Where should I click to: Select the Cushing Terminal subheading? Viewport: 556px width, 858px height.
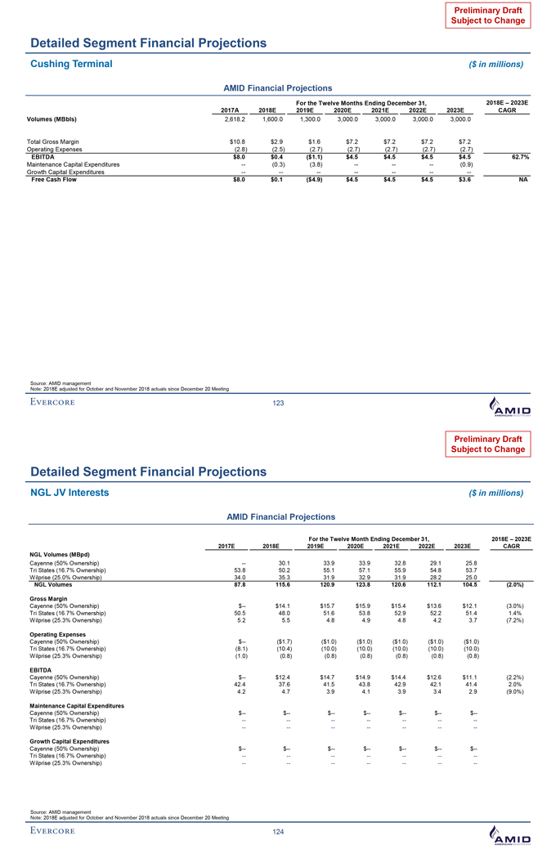click(x=71, y=63)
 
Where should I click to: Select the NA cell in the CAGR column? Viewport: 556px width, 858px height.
click(x=524, y=180)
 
